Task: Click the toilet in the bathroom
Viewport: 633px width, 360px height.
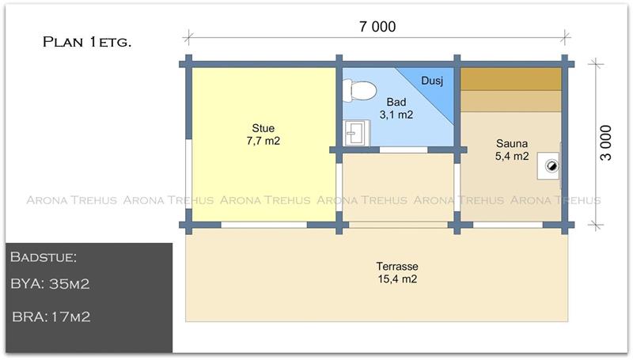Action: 359,90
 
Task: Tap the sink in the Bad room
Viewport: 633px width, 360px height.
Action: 356,133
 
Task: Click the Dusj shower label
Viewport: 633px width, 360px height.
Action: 432,81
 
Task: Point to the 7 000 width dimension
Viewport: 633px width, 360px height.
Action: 377,27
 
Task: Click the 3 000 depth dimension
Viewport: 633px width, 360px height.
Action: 605,143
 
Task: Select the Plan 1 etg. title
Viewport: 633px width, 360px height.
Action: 87,42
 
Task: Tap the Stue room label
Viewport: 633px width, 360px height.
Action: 263,128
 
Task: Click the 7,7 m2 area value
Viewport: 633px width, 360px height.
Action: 263,141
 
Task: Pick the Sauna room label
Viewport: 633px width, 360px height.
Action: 512,143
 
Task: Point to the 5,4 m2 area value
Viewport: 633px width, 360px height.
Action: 512,156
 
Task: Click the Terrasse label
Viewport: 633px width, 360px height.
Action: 397,267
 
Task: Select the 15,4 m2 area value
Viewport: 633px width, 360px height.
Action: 397,279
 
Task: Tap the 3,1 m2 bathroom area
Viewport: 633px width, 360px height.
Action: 396,115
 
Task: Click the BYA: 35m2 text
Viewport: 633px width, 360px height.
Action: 50,284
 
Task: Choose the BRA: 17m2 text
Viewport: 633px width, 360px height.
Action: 51,316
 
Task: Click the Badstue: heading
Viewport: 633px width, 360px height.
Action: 44,257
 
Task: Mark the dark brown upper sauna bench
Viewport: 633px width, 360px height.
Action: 511,79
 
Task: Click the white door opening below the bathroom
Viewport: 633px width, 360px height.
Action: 404,150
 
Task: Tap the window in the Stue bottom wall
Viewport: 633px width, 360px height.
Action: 264,225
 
